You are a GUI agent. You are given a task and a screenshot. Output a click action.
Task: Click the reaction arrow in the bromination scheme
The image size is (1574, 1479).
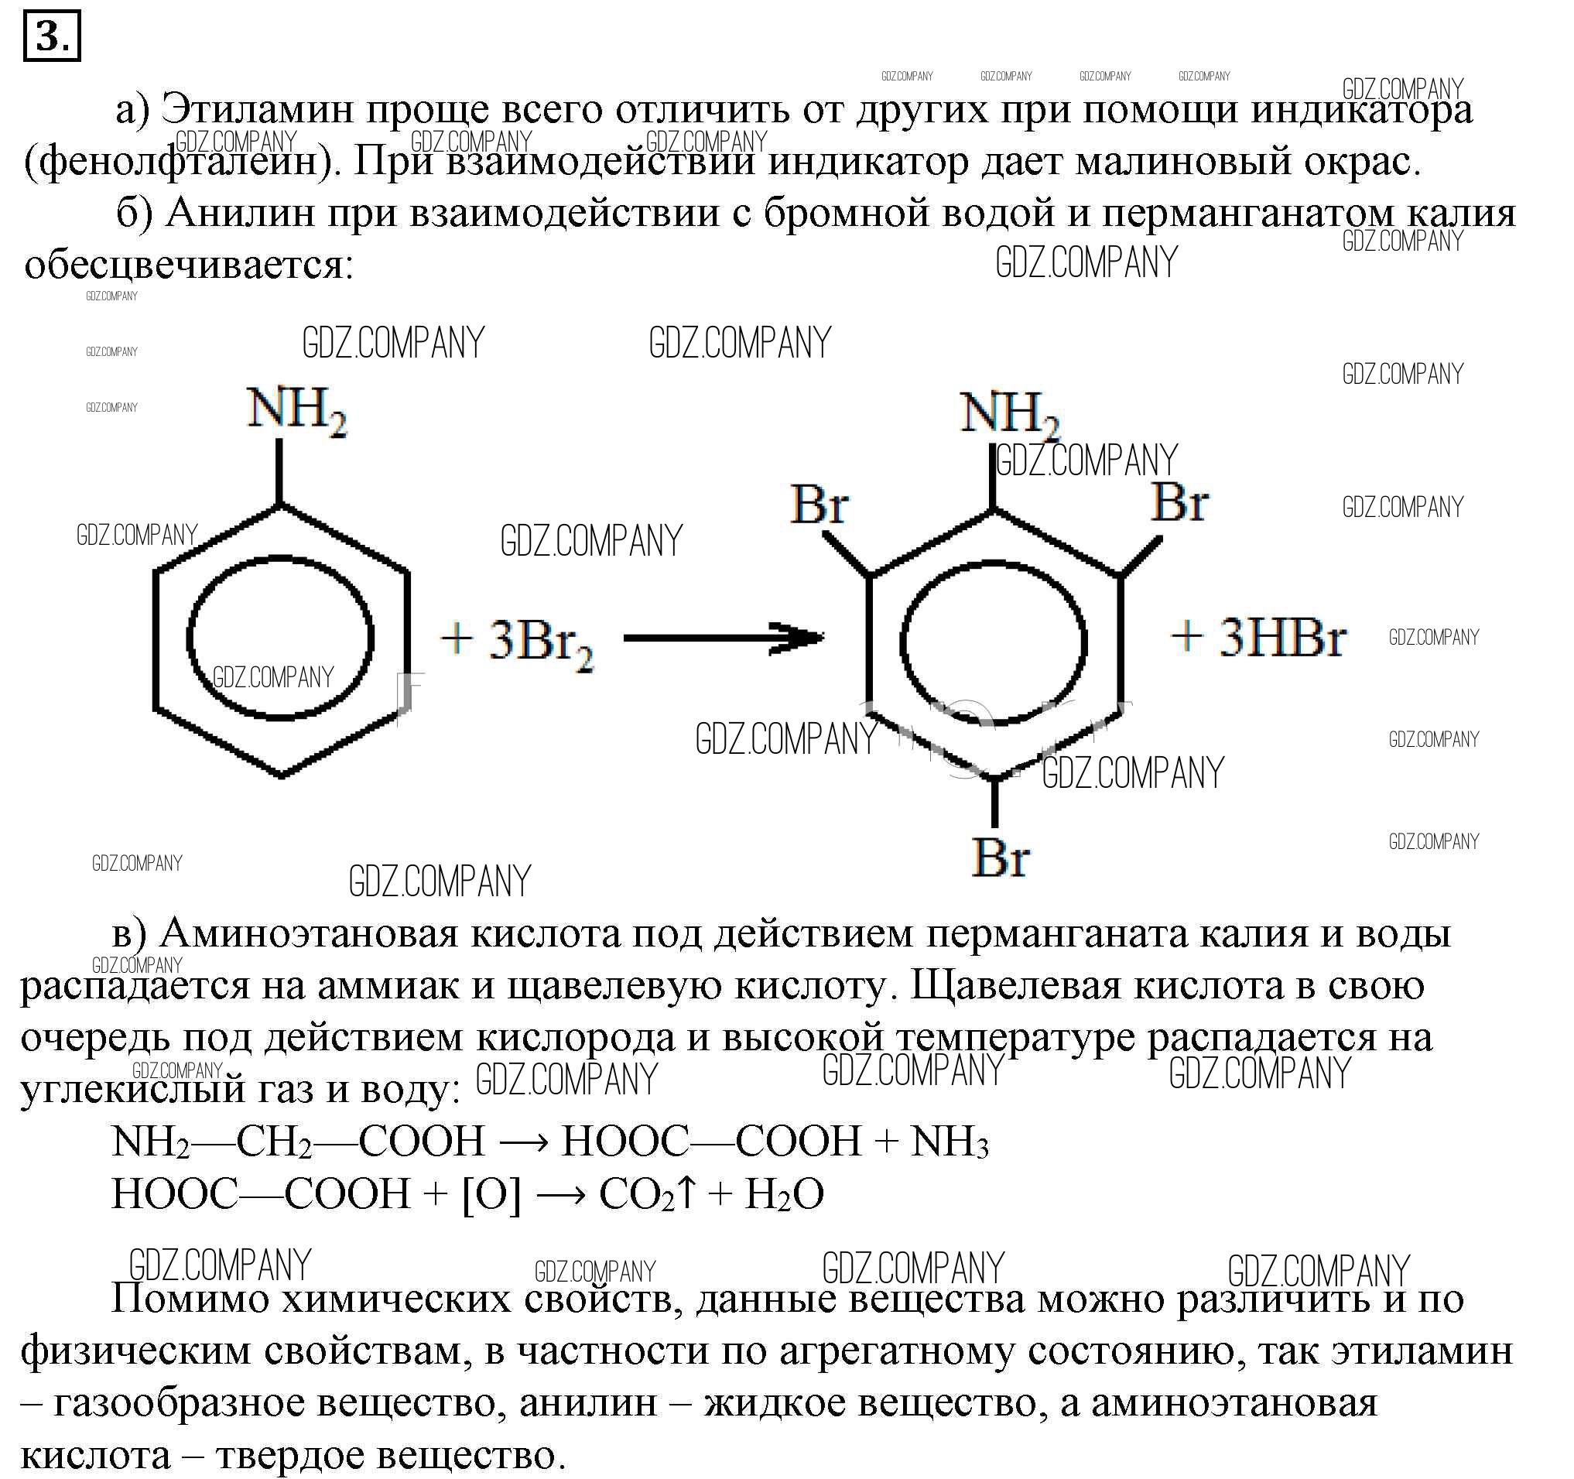(x=724, y=638)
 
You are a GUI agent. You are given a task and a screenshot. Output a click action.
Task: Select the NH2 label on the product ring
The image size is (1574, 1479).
(x=1010, y=416)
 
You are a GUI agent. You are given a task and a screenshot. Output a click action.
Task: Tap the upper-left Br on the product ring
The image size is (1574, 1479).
(x=820, y=505)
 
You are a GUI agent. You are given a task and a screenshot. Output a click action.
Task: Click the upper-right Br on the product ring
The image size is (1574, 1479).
(x=1179, y=502)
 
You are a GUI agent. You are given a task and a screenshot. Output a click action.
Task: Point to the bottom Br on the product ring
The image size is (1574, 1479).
(x=1001, y=857)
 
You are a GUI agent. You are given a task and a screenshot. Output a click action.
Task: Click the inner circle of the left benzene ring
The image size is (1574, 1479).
(x=187, y=639)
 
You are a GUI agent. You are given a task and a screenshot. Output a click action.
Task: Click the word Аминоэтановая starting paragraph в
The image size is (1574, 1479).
(x=310, y=934)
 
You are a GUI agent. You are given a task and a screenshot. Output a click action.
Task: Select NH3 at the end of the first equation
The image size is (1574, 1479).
(x=950, y=1141)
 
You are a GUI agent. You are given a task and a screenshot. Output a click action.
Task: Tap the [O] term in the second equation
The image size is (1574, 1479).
(x=491, y=1194)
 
